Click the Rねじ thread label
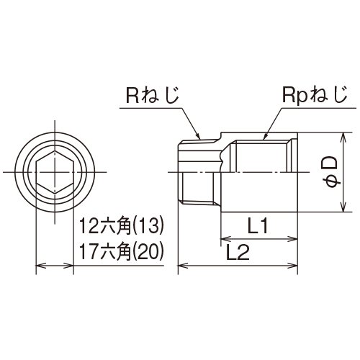pyautogui.click(x=153, y=96)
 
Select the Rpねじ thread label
pyautogui.click(x=315, y=96)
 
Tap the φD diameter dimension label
pyautogui.click(x=331, y=172)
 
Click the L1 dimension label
pyautogui.click(x=258, y=225)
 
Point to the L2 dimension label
pyautogui.click(x=238, y=252)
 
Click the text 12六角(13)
pyautogui.click(x=122, y=226)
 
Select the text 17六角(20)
pyautogui.click(x=122, y=252)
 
